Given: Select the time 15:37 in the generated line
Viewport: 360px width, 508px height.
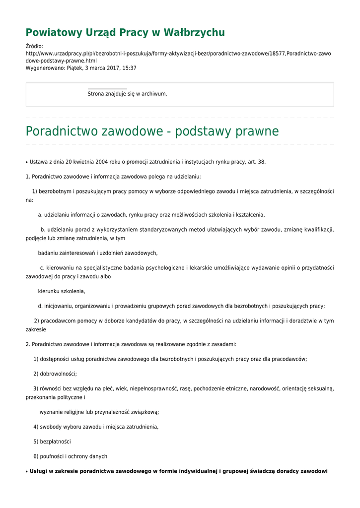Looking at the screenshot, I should tap(130, 68).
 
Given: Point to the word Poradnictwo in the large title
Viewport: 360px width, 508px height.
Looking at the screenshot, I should tap(62, 131).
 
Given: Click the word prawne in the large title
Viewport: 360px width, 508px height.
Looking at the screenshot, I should tap(256, 131).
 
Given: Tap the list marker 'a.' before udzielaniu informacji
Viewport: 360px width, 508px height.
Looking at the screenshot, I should tap(40, 215).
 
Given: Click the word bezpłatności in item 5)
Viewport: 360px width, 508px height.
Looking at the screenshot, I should tap(56, 442).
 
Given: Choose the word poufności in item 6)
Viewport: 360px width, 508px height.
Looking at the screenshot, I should tap(53, 456).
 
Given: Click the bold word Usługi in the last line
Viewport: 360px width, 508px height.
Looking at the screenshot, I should tap(38, 471).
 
